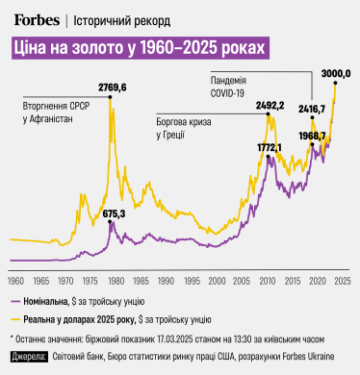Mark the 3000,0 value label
pos(335,73)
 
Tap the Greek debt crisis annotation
pos(185,129)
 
